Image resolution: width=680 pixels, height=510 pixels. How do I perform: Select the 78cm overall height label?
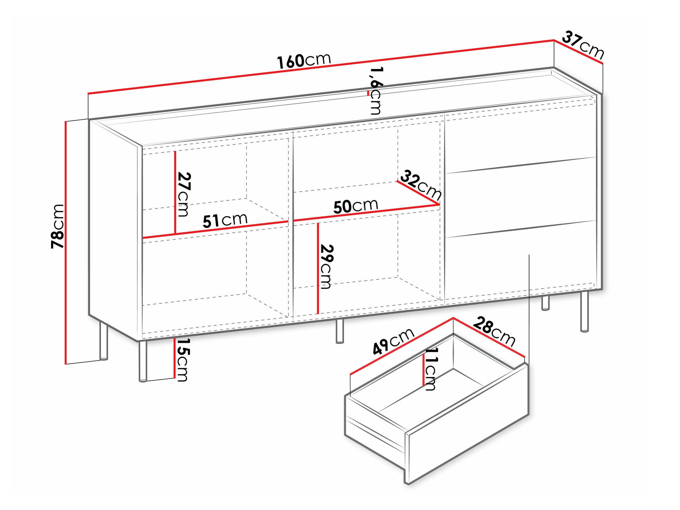point(57,226)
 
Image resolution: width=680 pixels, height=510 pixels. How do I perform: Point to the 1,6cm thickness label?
point(376,91)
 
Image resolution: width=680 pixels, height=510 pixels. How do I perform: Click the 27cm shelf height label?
point(184,194)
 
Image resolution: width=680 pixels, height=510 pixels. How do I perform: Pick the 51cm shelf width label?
point(225,220)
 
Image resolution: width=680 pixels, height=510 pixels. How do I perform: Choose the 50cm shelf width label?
point(356,206)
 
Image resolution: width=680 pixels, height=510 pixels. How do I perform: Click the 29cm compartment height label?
point(327,267)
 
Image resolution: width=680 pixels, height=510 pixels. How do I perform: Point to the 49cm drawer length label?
point(393,341)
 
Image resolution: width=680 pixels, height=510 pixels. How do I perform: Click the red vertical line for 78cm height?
point(65,243)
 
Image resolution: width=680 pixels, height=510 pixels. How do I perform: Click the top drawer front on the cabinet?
point(521,136)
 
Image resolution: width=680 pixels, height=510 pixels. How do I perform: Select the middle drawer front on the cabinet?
point(521,197)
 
